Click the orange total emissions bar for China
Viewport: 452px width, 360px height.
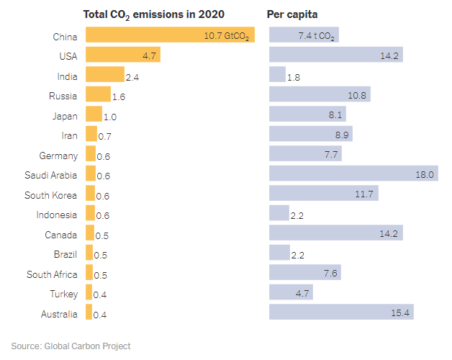tap(170, 35)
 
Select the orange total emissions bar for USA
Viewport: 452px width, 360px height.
tap(122, 55)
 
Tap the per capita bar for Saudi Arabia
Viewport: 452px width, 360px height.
tap(353, 174)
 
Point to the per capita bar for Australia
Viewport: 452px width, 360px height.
tap(341, 312)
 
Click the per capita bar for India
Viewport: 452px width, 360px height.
tap(277, 75)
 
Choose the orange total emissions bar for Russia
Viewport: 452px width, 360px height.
tap(98, 94)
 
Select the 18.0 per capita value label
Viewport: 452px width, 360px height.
tap(425, 174)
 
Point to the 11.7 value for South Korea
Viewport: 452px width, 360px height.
tap(366, 194)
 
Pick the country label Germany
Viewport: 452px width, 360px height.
tap(58, 155)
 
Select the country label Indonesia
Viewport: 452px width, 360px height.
tap(56, 215)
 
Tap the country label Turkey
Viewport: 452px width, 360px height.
tap(63, 293)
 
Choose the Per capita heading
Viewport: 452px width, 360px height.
tap(293, 14)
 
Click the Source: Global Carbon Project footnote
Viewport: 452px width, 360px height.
tap(71, 346)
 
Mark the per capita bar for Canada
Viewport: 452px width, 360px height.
tap(335, 233)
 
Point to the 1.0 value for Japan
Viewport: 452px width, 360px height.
tap(110, 116)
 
